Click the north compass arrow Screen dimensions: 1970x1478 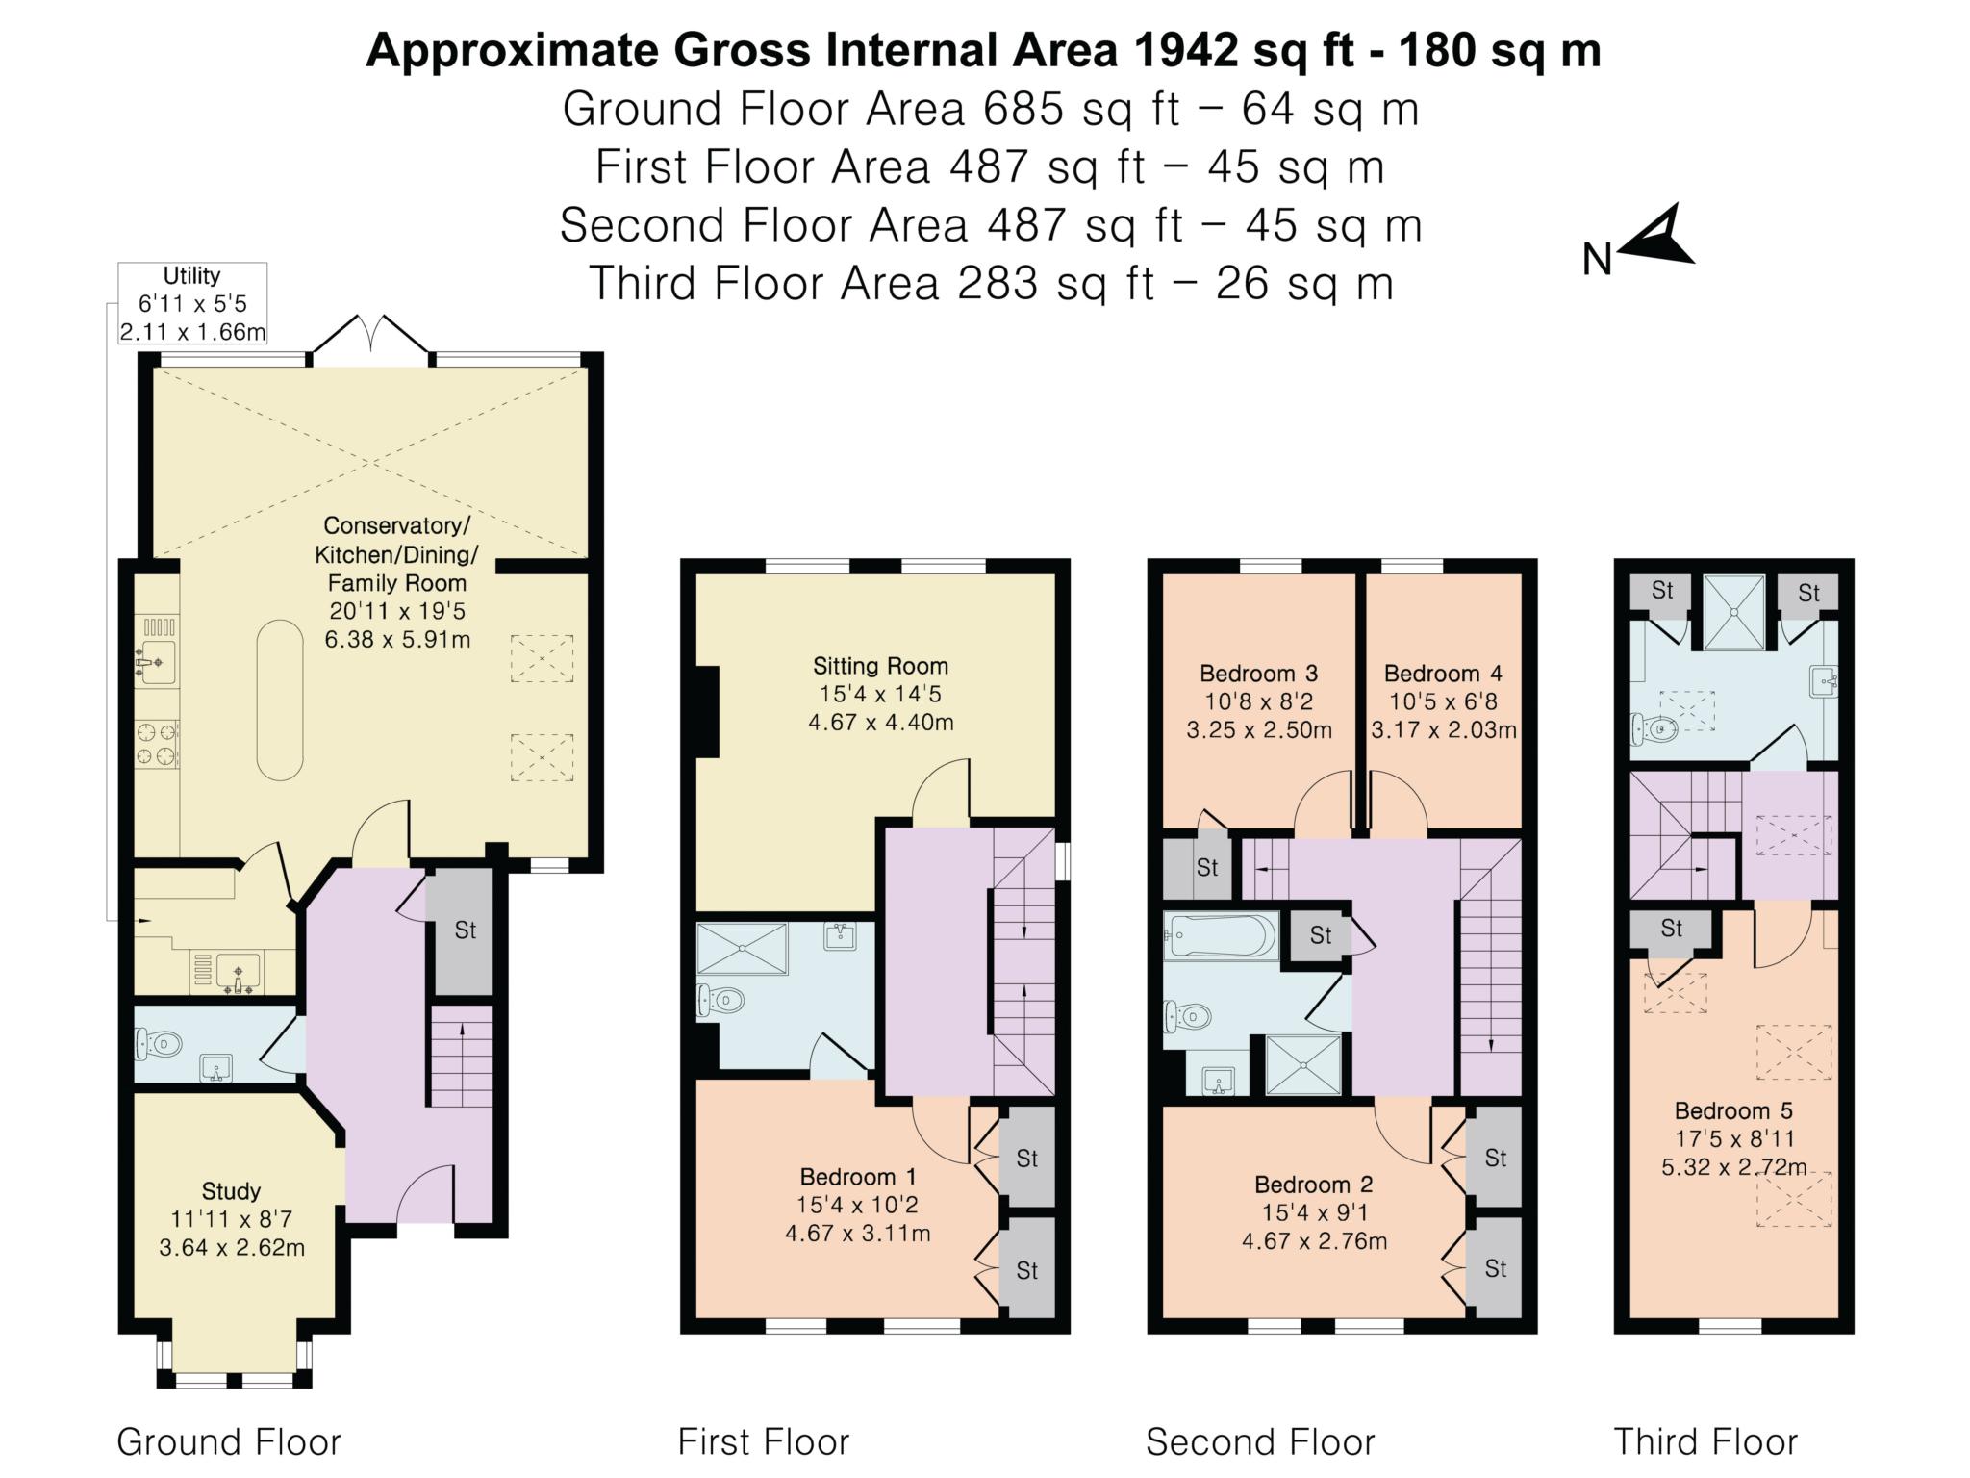1662,239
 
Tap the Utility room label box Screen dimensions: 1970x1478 192,304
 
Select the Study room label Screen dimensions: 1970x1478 232,1219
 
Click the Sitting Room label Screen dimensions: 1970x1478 881,693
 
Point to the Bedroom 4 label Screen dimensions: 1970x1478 1443,701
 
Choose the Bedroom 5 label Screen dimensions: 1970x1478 1733,1138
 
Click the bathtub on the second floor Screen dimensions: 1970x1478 1221,934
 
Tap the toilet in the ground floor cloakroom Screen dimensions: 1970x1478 160,1042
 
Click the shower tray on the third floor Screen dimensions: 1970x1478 1733,612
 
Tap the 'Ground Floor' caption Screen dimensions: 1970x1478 229,1442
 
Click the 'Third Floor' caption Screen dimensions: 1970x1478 1705,1442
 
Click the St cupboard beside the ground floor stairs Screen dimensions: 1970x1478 466,931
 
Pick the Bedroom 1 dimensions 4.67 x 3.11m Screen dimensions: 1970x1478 858,1233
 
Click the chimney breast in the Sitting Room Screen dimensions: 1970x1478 708,711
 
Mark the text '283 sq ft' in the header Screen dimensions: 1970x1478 1056,284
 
